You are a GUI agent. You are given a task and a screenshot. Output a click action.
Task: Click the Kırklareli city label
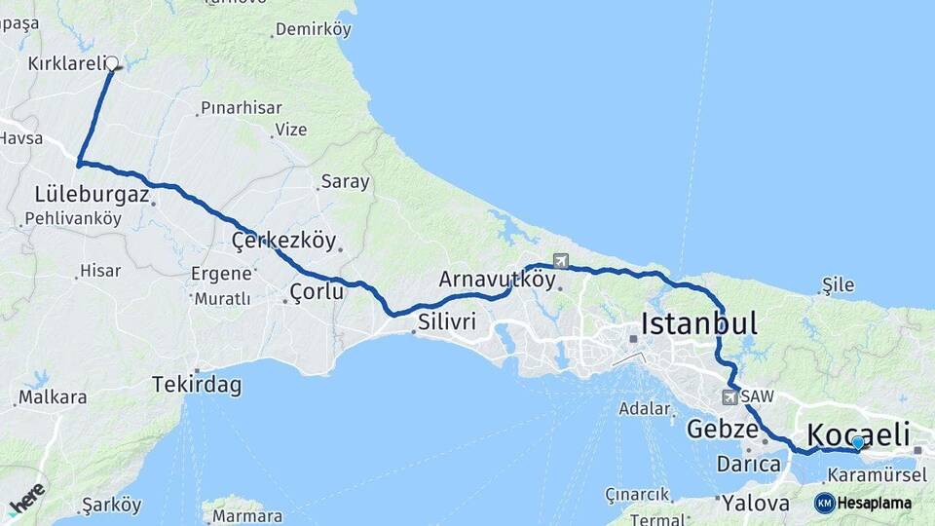(64, 63)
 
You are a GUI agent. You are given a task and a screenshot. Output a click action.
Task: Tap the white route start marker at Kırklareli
(112, 63)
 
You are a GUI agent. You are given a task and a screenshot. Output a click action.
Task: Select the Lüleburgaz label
(92, 195)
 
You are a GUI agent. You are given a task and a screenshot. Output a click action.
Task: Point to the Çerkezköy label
(283, 240)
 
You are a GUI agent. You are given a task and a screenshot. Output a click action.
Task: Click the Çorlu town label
(317, 290)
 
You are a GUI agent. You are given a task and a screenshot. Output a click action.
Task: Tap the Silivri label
(447, 321)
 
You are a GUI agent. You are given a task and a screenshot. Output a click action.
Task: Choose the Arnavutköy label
(497, 280)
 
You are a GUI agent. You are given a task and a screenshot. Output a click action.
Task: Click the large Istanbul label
(698, 323)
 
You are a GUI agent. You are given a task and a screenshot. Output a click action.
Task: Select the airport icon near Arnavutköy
(560, 261)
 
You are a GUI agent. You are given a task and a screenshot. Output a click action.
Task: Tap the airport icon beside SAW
(730, 396)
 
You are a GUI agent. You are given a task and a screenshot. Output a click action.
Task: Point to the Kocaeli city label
(858, 433)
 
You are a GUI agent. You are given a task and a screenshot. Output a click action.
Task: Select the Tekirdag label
(196, 385)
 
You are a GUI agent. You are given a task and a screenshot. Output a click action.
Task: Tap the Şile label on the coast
(838, 284)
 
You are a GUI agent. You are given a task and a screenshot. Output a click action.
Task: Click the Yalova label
(755, 504)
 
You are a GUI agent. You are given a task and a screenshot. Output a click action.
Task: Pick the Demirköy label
(313, 29)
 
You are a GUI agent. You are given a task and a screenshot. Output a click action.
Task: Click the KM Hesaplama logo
(863, 503)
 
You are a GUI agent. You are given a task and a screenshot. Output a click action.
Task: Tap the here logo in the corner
(26, 498)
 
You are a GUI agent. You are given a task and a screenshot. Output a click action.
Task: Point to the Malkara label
(53, 397)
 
